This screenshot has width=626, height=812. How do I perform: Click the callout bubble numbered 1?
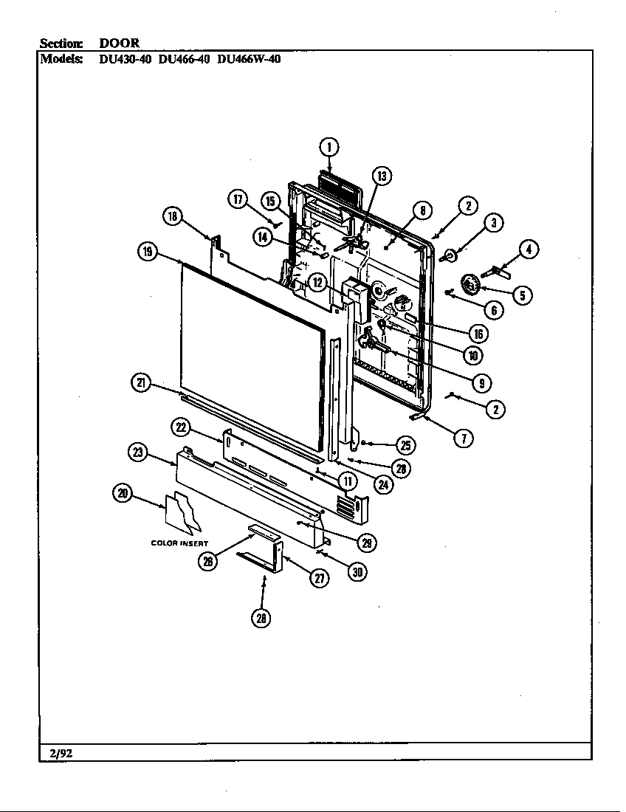pyautogui.click(x=329, y=146)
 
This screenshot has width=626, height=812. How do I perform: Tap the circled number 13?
pyautogui.click(x=381, y=176)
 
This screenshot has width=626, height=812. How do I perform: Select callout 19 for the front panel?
pyautogui.click(x=147, y=252)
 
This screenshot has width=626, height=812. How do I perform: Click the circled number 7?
pyautogui.click(x=463, y=438)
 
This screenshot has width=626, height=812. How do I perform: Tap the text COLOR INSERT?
pyautogui.click(x=179, y=543)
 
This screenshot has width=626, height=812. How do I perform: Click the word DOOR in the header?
pyautogui.click(x=120, y=44)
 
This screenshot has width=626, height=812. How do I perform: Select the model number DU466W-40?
pyautogui.click(x=249, y=60)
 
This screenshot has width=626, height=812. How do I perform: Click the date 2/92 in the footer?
pyautogui.click(x=56, y=752)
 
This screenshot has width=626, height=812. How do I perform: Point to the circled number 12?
pyautogui.click(x=317, y=281)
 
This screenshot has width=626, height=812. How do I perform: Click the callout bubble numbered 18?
pyautogui.click(x=171, y=216)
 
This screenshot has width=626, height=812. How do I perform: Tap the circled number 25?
pyautogui.click(x=405, y=445)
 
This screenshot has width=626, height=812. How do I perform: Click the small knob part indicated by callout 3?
pyautogui.click(x=449, y=256)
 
